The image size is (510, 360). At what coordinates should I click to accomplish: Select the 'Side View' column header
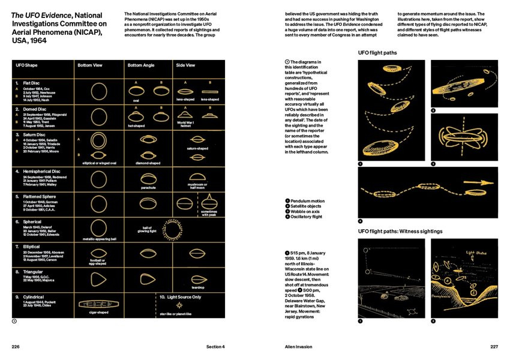[185, 65]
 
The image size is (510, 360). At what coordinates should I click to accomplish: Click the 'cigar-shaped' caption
[98, 312]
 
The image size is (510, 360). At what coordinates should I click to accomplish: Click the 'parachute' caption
[148, 187]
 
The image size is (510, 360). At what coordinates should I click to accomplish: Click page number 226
[16, 346]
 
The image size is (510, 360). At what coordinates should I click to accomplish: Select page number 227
[494, 346]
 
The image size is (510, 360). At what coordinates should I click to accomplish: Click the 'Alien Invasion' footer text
[299, 346]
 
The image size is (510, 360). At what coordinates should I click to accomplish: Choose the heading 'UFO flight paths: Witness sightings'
[400, 231]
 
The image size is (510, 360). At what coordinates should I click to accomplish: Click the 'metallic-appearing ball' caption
[98, 239]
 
